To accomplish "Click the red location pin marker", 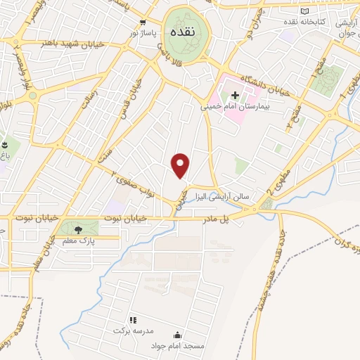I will pos(181,165).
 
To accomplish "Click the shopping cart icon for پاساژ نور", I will pos(143,22).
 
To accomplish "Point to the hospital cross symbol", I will pos(236,95).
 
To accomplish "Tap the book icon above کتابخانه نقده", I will pos(304,11).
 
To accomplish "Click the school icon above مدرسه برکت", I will pos(132,320).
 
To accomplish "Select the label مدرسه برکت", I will pos(133,330).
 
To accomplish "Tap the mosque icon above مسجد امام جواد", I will pos(177,335).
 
